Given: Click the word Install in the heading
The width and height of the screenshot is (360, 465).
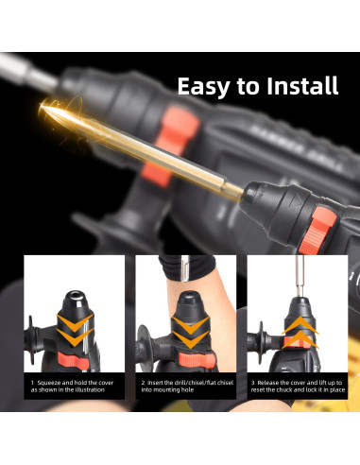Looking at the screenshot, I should click(295, 87).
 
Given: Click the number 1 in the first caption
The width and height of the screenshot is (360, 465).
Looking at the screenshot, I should click(33, 383).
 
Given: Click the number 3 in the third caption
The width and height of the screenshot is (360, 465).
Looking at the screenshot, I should click(252, 383).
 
